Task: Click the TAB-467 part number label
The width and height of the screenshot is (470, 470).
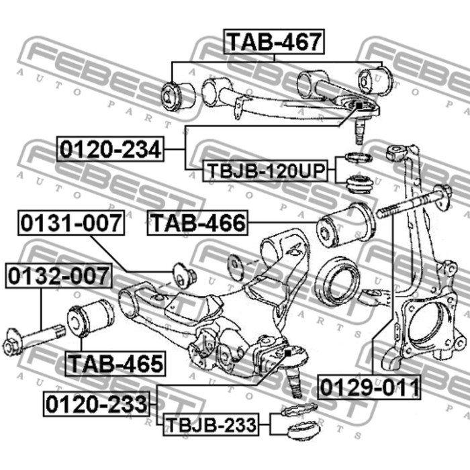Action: pos(274,42)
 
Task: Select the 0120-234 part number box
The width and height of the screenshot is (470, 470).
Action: pos(110,149)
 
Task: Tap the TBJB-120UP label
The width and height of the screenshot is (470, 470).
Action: pos(265,171)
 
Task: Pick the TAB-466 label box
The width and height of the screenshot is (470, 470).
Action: pos(197,223)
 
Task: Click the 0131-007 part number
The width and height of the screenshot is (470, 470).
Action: pos(71,223)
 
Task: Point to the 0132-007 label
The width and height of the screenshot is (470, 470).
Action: pos(58,276)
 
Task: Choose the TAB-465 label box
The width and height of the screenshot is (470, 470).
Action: pos(115,364)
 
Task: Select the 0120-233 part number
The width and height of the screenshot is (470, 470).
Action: pos(97,404)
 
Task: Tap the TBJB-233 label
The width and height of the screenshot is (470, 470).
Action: pos(211,425)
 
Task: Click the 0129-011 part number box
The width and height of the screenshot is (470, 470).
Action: pos(369,387)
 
